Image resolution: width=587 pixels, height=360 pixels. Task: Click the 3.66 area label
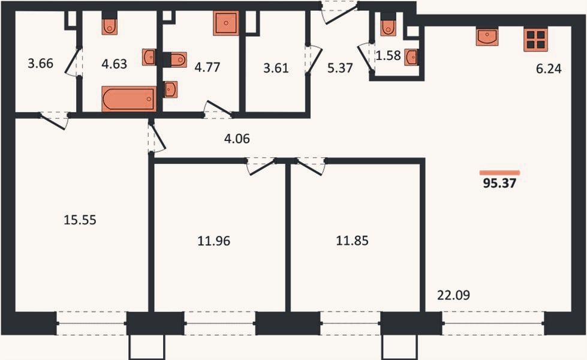point(40,64)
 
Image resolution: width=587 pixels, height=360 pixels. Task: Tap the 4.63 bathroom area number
point(114,64)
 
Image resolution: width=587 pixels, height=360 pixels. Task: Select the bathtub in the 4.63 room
point(129,99)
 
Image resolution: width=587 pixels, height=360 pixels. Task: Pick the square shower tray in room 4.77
point(226,23)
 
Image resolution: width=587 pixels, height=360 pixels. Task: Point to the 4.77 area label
point(207,67)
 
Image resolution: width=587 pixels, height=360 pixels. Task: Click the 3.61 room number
point(276,68)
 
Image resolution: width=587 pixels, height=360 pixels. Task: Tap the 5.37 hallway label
point(340,68)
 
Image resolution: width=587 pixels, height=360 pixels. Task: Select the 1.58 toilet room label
point(388,55)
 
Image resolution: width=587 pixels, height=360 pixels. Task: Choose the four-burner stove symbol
point(535,40)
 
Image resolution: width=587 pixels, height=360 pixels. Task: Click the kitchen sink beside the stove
point(487,37)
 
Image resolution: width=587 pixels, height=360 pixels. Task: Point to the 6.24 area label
point(549,69)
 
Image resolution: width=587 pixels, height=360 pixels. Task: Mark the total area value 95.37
point(499,183)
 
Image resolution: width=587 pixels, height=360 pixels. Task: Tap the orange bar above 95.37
point(500,173)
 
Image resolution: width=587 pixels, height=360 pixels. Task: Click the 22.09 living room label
point(453,295)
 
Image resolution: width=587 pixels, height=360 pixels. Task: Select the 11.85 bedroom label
point(352,241)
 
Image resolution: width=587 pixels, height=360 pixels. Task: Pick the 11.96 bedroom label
point(214,241)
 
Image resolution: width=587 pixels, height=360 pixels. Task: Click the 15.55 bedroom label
point(80,220)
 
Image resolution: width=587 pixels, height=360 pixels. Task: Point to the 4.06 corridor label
point(237,139)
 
